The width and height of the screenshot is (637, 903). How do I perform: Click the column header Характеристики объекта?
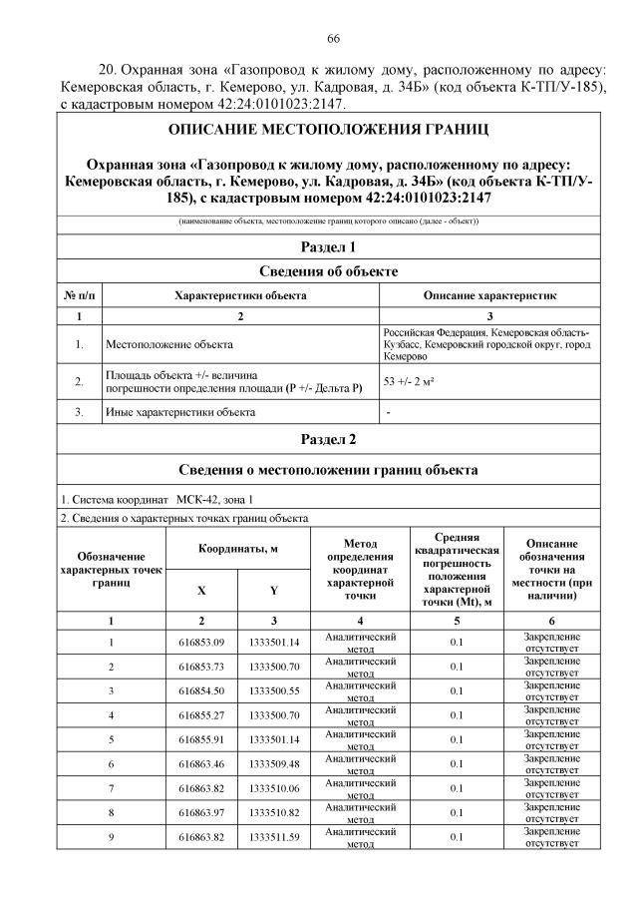point(240,296)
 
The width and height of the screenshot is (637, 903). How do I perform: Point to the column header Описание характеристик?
point(489,296)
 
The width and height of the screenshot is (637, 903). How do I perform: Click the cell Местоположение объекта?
point(169,344)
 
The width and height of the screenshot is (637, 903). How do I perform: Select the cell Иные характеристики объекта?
point(179,411)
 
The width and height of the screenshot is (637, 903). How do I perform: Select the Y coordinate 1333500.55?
point(274,690)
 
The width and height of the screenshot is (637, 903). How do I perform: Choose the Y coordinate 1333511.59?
point(274,836)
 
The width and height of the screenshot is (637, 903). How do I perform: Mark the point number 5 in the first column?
point(111,739)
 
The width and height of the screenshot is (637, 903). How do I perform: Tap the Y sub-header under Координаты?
point(274,590)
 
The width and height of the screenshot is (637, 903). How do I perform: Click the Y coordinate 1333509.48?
point(274,763)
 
